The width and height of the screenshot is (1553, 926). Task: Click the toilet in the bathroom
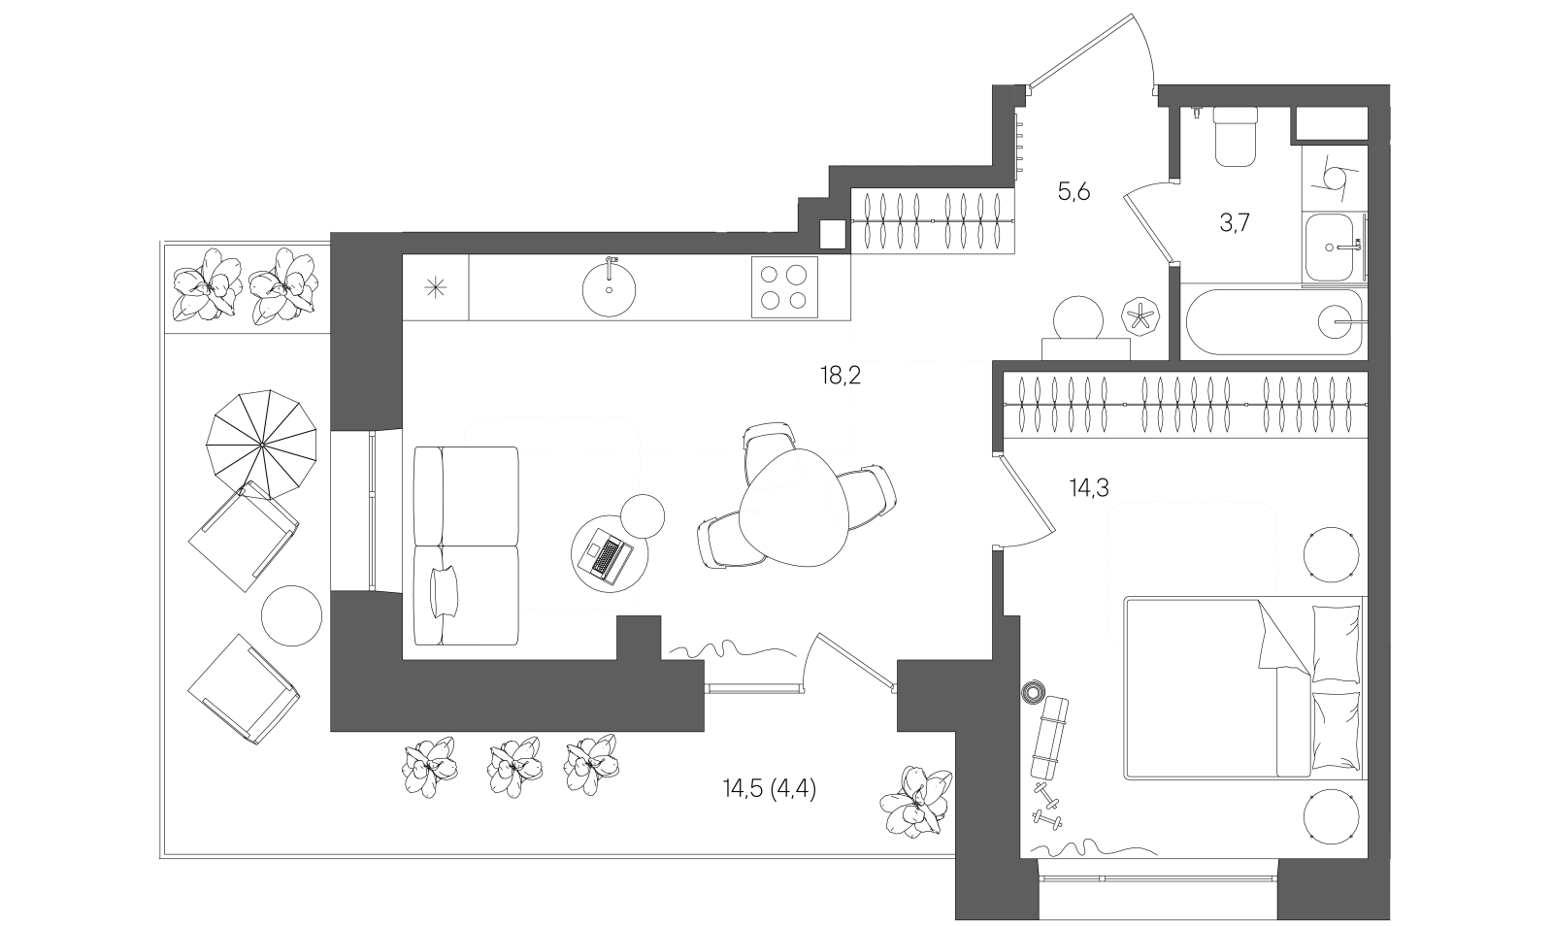pos(1236,137)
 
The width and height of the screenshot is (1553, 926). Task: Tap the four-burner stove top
pos(783,287)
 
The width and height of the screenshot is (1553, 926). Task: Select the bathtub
pos(1273,321)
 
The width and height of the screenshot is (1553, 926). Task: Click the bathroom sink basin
pos(1334,248)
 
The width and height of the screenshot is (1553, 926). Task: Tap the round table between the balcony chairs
pos(291,615)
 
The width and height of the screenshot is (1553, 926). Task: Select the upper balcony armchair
pos(243,535)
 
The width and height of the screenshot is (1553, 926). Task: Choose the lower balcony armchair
pos(243,689)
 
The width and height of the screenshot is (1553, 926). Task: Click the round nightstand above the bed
pos(1331,555)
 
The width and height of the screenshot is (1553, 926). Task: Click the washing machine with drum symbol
pos(1334,178)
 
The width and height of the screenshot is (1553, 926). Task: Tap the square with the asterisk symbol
pos(436,286)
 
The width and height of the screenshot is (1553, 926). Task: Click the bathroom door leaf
pos(1148,229)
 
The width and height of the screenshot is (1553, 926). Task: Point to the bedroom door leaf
pos(1027,495)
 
